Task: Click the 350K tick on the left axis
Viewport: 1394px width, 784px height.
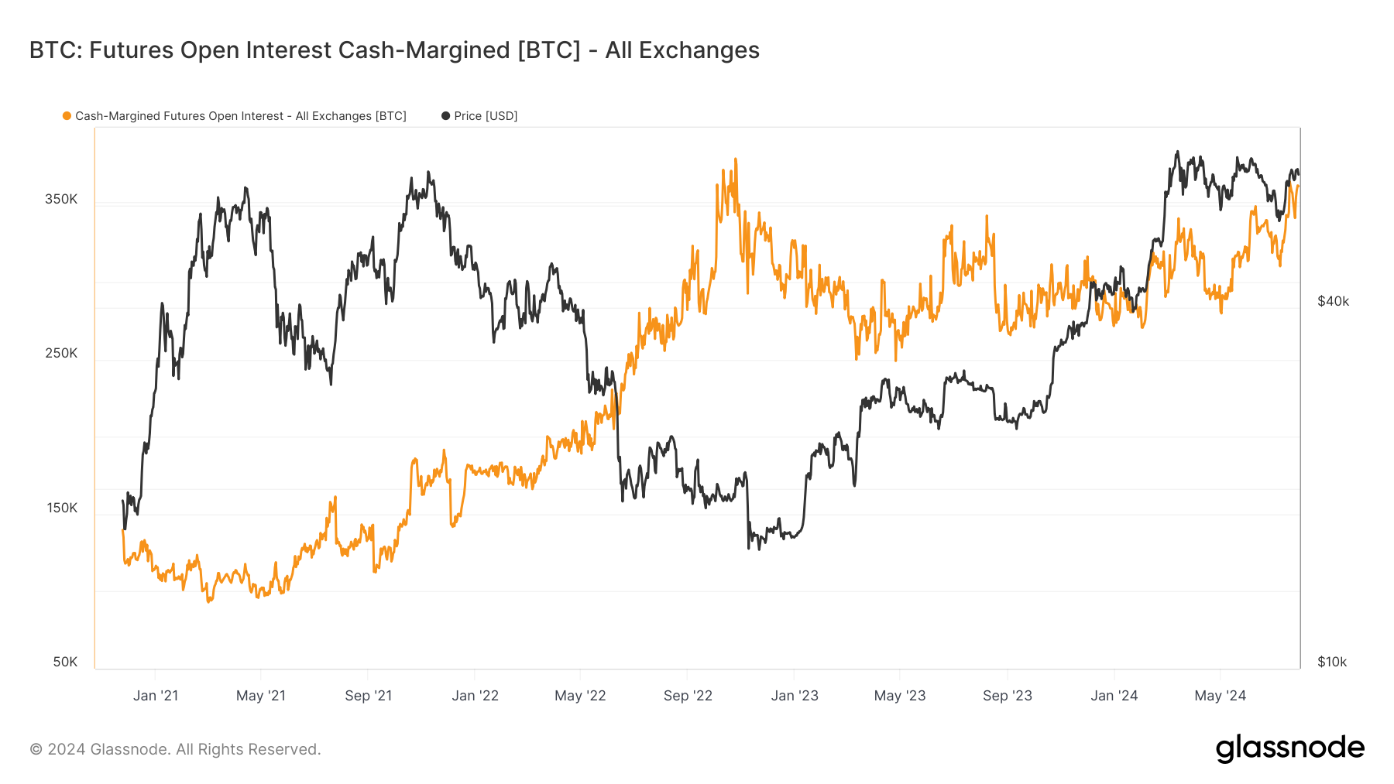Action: pos(61,199)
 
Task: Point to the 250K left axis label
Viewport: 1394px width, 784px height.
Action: pos(61,353)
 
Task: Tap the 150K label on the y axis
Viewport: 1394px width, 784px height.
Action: pos(61,508)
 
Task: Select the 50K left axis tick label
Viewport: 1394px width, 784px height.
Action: pos(65,662)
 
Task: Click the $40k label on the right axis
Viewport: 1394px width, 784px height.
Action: pos(1333,301)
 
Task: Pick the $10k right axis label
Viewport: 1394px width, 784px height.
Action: pos(1332,662)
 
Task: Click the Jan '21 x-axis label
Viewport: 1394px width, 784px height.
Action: pos(156,695)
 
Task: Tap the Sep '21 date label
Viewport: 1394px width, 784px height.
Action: pos(368,695)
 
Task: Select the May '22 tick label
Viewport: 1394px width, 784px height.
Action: pos(580,695)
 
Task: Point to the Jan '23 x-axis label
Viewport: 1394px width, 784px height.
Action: pos(795,695)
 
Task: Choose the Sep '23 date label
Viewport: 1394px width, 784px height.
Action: pos(1007,695)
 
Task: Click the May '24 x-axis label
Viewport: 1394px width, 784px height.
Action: pos(1220,695)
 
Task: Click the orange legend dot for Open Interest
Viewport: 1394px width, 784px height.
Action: pos(67,116)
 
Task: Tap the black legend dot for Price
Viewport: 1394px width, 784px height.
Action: pos(445,116)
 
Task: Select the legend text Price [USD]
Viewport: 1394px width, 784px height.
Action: pos(486,116)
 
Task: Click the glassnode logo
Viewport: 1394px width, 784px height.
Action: pos(1289,748)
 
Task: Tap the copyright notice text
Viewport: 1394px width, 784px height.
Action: pos(175,749)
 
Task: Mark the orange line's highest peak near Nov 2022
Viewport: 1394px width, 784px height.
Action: pos(735,159)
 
